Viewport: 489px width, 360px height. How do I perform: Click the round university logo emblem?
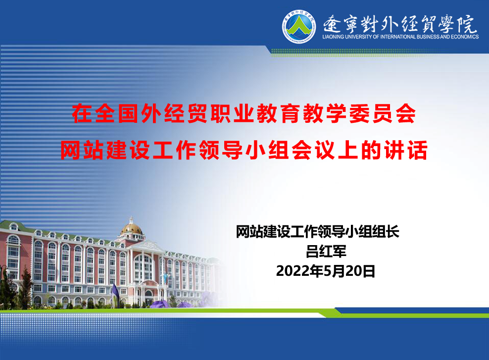299,26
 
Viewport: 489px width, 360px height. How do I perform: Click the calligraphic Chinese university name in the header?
400,24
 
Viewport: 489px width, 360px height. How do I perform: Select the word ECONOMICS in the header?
465,37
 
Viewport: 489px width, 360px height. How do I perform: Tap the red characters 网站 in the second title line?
82,151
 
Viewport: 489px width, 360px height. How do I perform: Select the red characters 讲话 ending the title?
406,151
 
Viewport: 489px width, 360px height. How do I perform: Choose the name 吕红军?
326,252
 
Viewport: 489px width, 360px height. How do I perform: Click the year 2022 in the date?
292,271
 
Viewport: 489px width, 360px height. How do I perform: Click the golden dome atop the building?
132,229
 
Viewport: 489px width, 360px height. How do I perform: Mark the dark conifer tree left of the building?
26,287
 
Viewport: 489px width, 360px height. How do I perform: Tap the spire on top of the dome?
131,219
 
